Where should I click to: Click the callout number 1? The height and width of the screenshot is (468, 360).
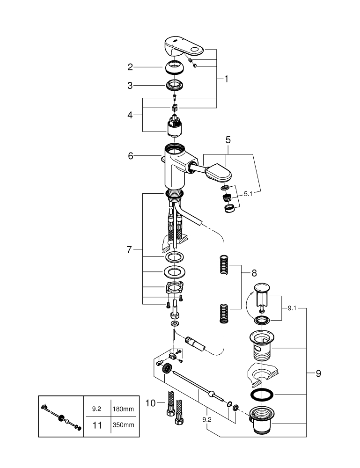point(226,79)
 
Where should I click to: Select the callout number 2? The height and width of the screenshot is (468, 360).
point(131,67)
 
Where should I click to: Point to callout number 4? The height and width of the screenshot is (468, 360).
point(131,114)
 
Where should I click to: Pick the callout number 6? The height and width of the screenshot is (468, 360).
point(131,156)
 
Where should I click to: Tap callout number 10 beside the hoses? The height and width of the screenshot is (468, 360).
point(150,402)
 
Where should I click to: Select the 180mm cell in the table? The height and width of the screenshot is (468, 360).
point(123,408)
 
